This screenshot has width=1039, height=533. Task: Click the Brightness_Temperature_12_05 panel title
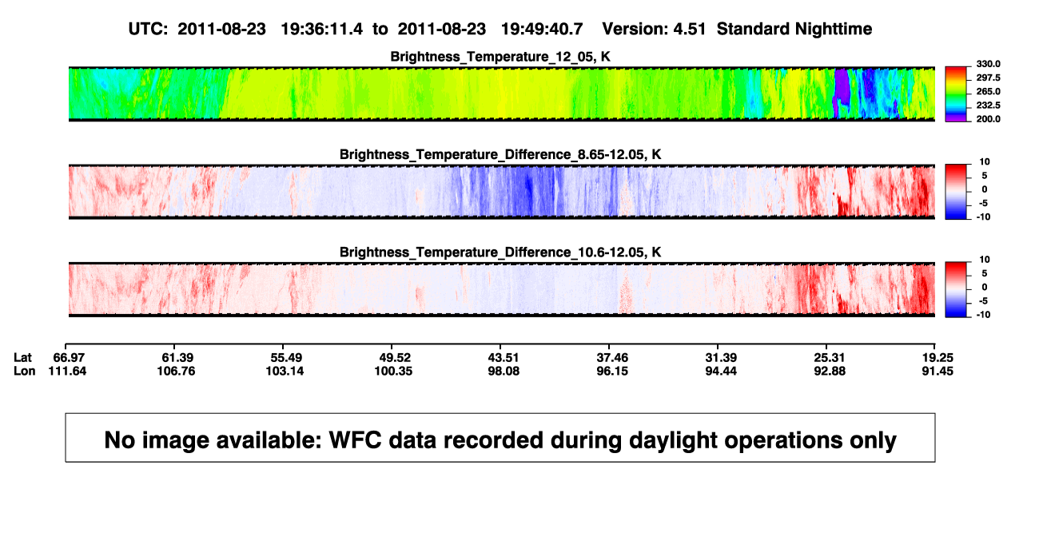click(x=500, y=57)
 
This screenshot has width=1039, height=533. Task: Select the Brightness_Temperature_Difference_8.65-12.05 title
click(x=500, y=154)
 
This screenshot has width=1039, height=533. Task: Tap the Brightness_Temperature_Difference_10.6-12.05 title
click(x=500, y=253)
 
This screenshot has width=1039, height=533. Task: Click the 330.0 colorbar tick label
click(x=988, y=64)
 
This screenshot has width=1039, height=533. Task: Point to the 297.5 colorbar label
click(x=988, y=78)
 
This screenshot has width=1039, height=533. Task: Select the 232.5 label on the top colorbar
click(x=988, y=105)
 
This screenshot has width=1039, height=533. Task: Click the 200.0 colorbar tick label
click(x=988, y=119)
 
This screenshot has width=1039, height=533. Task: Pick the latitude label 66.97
click(x=69, y=358)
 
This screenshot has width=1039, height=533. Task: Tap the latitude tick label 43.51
click(x=504, y=358)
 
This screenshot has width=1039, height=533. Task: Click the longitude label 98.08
click(x=504, y=371)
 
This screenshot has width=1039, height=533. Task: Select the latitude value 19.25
click(x=937, y=358)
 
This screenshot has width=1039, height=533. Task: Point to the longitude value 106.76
click(x=176, y=371)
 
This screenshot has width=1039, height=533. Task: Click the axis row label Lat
click(x=22, y=358)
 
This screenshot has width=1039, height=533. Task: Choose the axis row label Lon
click(x=25, y=371)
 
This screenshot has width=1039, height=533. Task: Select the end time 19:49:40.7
click(x=542, y=30)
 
